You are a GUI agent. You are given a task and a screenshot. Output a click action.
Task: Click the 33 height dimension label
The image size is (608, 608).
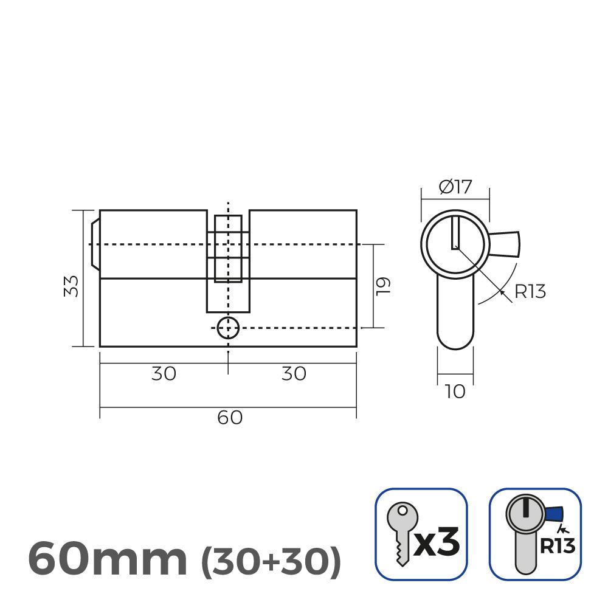(72, 286)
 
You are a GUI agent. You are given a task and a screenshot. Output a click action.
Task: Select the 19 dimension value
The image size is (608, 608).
(382, 286)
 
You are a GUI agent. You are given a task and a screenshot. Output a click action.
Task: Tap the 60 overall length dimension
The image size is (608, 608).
(229, 418)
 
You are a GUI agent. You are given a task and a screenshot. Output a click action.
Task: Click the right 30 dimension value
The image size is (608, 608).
(294, 373)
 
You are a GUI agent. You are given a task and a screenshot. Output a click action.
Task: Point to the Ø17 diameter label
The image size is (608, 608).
(455, 187)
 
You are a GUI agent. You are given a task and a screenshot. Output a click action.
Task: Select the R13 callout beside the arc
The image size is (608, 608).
(530, 292)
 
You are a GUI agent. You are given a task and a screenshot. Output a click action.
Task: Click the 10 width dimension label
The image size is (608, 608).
(455, 392)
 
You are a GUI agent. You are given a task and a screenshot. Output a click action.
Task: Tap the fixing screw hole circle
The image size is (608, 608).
(228, 327)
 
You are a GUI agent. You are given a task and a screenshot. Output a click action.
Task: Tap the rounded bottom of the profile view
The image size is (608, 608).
(455, 340)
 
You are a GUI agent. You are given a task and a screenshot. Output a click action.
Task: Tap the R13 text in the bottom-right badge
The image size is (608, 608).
(557, 547)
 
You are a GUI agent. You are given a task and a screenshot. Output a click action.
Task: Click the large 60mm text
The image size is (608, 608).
(108, 559)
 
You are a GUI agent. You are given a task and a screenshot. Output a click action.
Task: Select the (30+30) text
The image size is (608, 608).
(270, 562)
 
